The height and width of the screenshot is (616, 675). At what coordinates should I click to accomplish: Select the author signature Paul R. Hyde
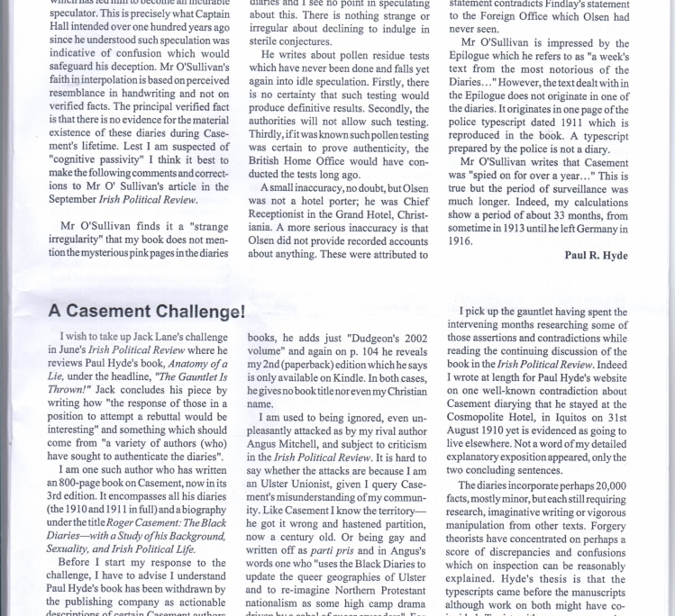click(596, 256)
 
